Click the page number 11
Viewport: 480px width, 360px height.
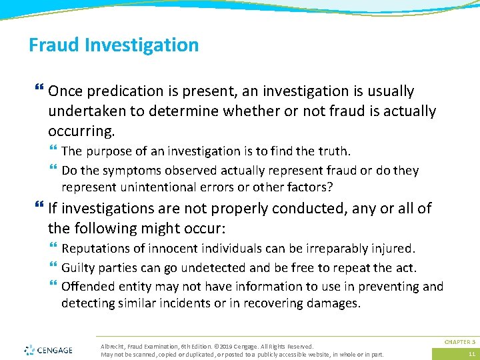click(471, 353)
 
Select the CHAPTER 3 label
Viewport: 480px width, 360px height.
click(460, 341)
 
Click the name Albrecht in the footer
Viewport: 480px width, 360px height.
click(113, 346)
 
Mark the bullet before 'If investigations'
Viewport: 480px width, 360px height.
click(39, 209)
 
